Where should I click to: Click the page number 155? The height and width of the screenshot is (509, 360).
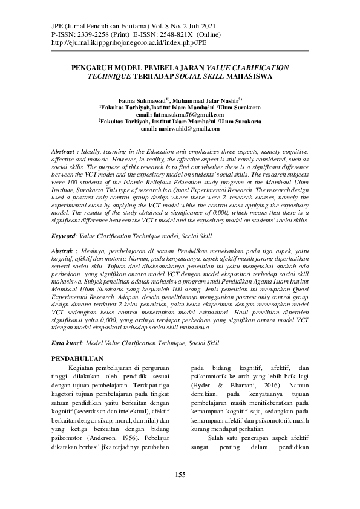pos(180,475)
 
